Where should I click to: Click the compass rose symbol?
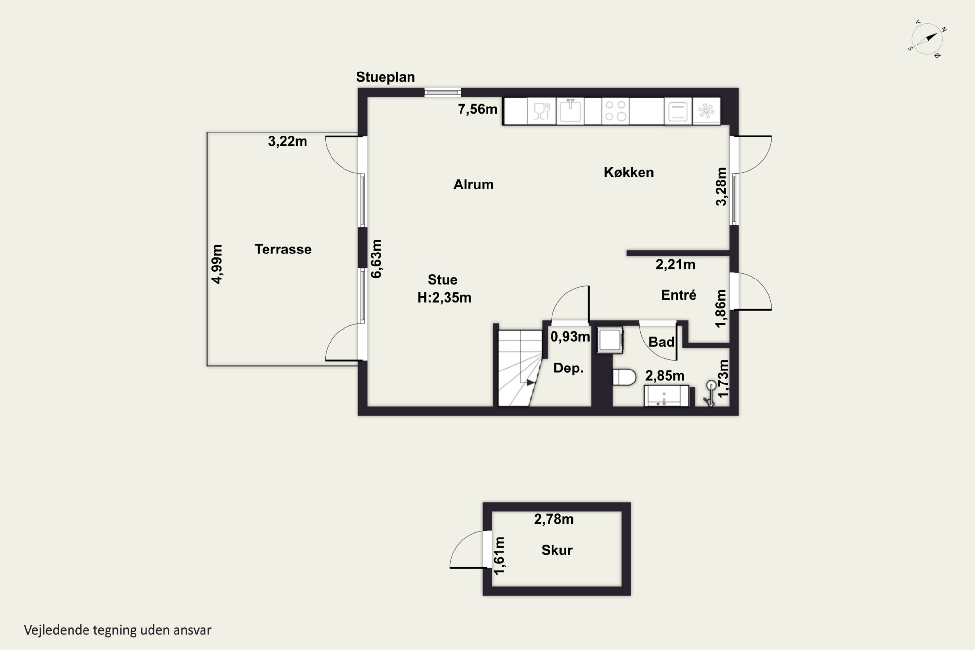click(x=927, y=39)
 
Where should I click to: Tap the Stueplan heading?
click(x=385, y=77)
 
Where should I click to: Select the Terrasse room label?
click(x=283, y=249)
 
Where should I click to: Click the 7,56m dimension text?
click(x=477, y=109)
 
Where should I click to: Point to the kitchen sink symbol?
click(x=570, y=111)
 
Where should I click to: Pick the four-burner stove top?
click(x=615, y=111)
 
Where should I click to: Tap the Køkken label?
click(x=629, y=173)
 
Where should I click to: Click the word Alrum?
click(x=474, y=185)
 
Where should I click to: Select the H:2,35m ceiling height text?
click(x=444, y=298)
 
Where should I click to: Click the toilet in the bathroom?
click(x=624, y=377)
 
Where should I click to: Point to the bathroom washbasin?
click(x=667, y=396)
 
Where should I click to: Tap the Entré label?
click(x=679, y=295)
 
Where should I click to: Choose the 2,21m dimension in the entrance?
click(x=675, y=265)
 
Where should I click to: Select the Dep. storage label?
click(x=568, y=368)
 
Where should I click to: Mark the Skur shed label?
click(x=557, y=550)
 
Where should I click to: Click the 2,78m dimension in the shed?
click(x=553, y=519)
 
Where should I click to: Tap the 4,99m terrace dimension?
click(x=217, y=264)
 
